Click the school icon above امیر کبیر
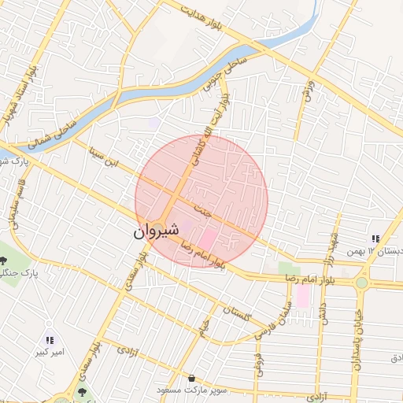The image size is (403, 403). (50, 340)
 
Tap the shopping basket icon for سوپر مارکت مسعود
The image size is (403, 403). (192, 379)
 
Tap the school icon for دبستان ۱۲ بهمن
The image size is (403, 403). (375, 238)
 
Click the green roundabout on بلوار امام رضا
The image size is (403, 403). (361, 282)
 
